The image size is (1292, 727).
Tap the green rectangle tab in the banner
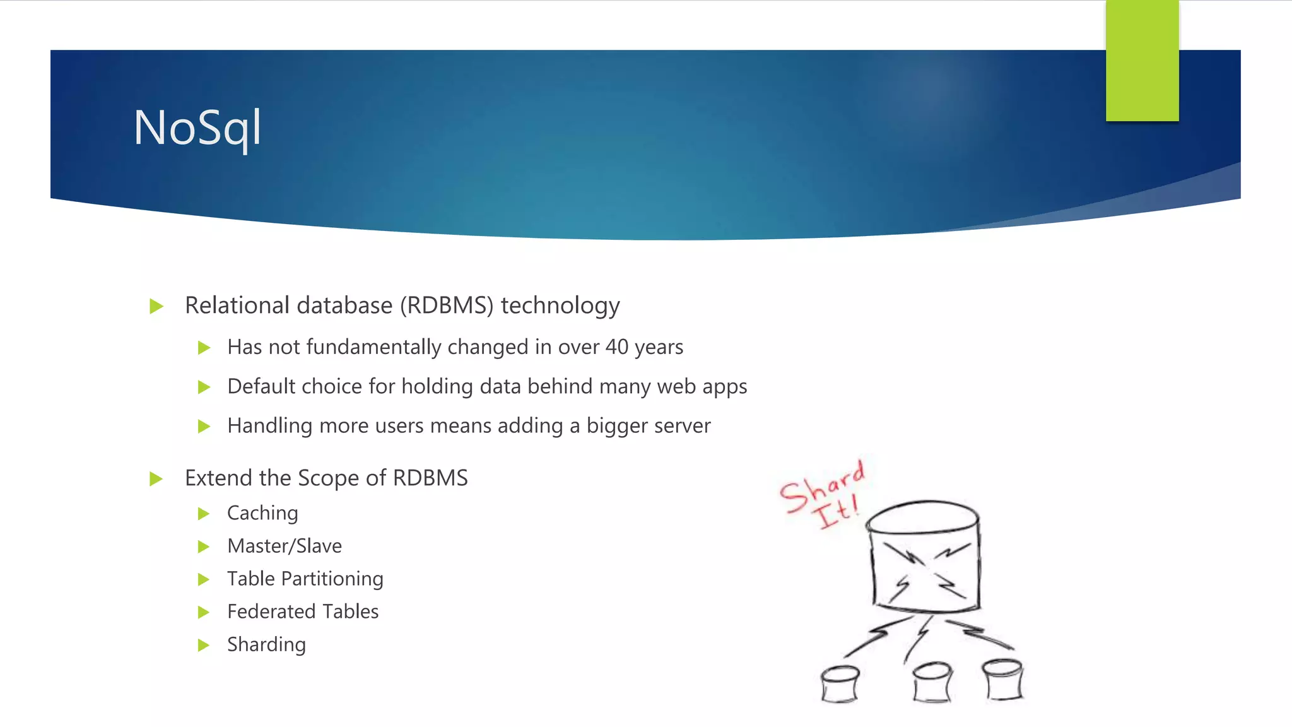pyautogui.click(x=1142, y=61)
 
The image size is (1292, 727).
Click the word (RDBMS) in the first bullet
pyautogui.click(x=447, y=305)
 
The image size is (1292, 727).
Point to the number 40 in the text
pyautogui.click(x=616, y=347)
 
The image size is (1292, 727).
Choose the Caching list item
pyautogui.click(x=262, y=513)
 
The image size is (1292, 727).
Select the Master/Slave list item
pyautogui.click(x=285, y=546)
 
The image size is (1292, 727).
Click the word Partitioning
pyautogui.click(x=332, y=579)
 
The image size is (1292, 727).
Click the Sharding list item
pyautogui.click(x=266, y=644)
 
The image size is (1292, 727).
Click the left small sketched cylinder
pyautogui.click(x=840, y=683)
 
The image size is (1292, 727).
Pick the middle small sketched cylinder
pyautogui.click(x=932, y=682)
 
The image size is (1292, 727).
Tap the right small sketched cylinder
pyautogui.click(x=1003, y=680)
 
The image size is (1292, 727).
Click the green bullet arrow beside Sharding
pyautogui.click(x=203, y=645)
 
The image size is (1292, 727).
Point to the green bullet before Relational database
pyautogui.click(x=156, y=307)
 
